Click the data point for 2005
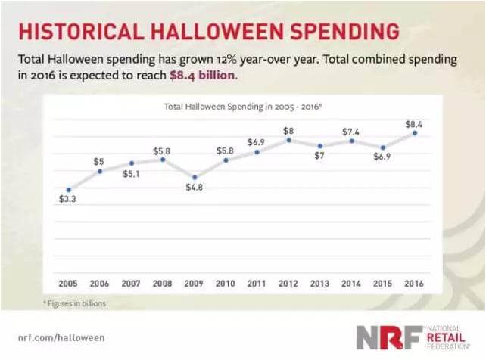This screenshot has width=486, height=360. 69,190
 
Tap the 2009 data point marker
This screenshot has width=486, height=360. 195,177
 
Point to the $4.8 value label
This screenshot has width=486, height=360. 195,188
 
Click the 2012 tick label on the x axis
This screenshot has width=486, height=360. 288,283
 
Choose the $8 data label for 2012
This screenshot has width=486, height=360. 288,130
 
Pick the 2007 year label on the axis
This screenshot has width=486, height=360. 132,283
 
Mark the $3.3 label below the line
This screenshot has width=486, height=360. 69,200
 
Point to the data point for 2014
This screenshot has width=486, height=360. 351,141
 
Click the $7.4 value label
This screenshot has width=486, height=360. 351,130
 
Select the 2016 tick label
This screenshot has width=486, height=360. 413,283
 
